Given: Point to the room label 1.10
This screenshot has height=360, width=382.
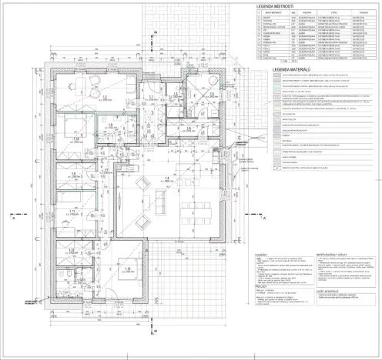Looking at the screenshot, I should tap(66, 140).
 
